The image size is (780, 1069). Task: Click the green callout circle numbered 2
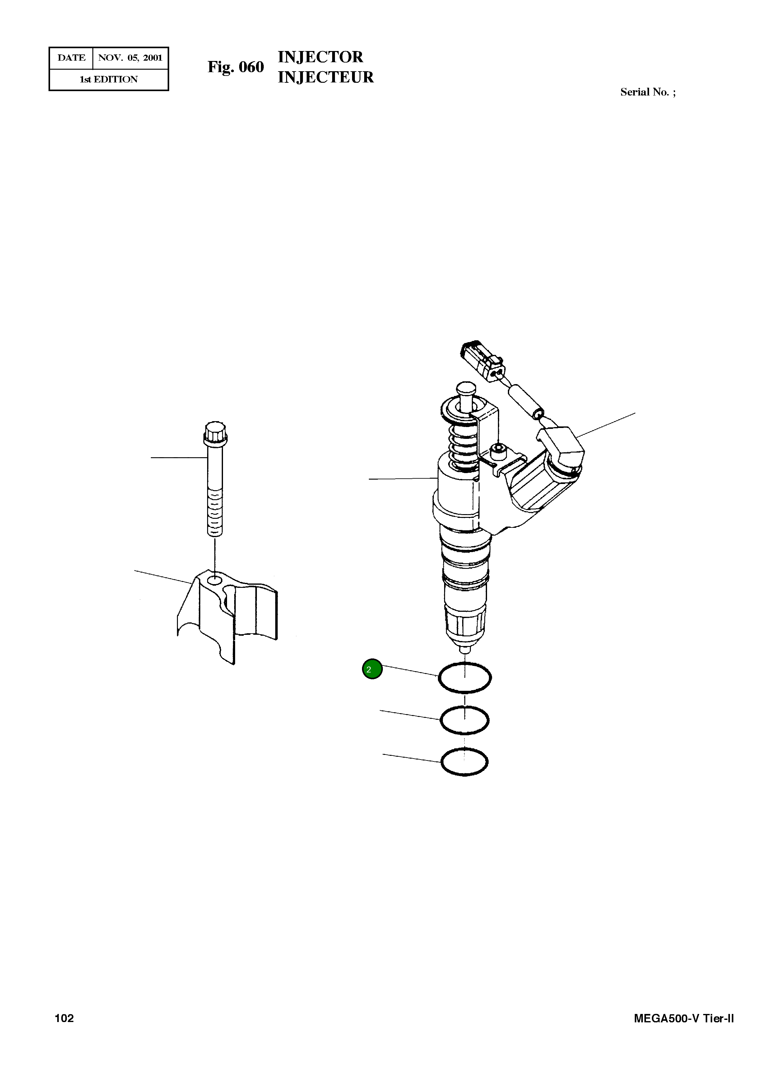tap(372, 669)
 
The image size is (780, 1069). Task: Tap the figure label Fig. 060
tap(236, 67)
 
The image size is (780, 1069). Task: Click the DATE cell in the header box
tap(71, 58)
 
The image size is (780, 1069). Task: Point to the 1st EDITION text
tap(109, 79)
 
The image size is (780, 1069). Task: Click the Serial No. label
tap(647, 92)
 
